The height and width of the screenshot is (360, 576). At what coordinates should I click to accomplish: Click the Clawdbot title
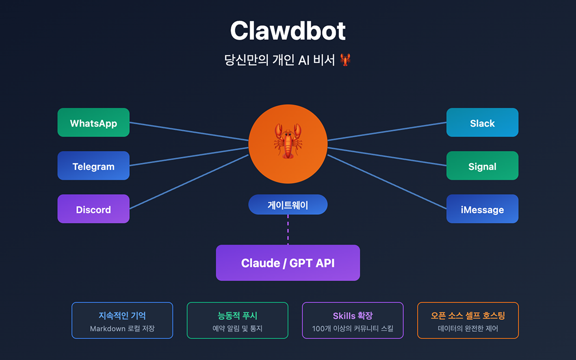(x=287, y=31)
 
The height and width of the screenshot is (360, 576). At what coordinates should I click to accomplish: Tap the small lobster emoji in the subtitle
(x=345, y=60)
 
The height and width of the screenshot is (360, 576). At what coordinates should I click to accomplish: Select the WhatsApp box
(x=93, y=123)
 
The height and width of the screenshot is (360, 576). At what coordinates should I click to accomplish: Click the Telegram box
(x=93, y=166)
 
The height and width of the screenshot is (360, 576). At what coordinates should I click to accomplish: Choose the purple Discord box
(x=93, y=209)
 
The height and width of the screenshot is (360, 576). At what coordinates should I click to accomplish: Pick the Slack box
(x=482, y=123)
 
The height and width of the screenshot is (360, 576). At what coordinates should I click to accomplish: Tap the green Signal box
(x=482, y=166)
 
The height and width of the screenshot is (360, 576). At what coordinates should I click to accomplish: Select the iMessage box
(x=482, y=209)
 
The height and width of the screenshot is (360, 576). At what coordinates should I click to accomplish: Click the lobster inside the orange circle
(x=287, y=141)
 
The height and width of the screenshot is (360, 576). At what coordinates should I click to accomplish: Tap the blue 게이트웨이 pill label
(x=287, y=205)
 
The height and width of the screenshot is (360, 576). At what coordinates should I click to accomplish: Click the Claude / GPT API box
(x=287, y=263)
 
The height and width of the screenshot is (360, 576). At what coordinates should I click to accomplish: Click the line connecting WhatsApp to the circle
(x=189, y=131)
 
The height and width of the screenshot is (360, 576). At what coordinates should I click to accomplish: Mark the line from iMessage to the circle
(x=387, y=182)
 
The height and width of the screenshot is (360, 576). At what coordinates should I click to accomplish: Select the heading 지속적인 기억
(x=122, y=315)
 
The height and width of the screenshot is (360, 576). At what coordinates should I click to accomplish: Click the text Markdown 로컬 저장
(x=122, y=329)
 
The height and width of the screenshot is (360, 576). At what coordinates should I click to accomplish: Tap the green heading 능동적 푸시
(x=237, y=315)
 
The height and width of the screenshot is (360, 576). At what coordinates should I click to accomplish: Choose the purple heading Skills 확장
(x=352, y=315)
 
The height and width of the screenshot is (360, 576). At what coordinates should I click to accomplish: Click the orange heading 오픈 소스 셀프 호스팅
(x=468, y=315)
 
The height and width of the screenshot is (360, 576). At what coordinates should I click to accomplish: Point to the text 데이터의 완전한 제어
(x=468, y=329)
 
